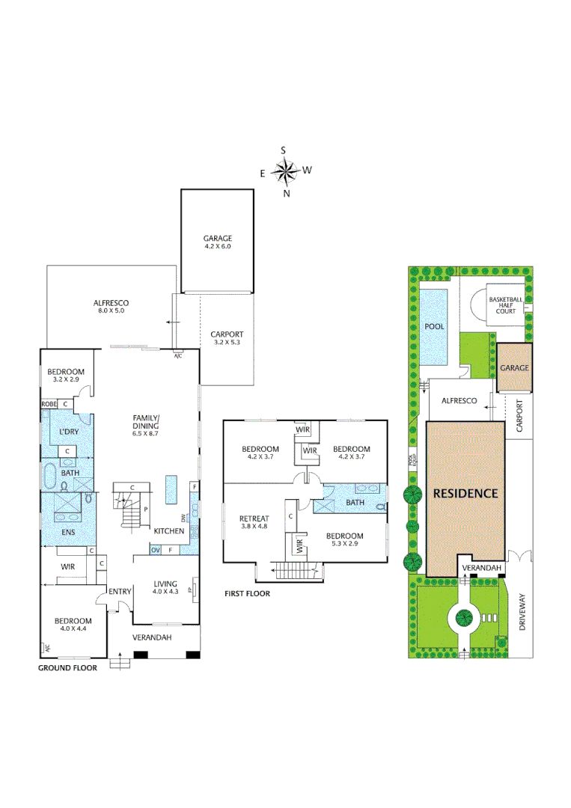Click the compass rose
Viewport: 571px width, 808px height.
coord(285,172)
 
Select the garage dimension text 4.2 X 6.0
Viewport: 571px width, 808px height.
coord(218,246)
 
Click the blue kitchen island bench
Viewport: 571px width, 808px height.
coord(171,489)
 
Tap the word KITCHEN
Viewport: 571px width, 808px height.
coord(169,531)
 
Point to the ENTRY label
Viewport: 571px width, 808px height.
coord(120,592)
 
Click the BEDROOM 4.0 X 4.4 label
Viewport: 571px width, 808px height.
coord(73,625)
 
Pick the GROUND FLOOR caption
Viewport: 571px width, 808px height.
coord(67,668)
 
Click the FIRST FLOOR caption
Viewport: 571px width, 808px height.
coord(247,593)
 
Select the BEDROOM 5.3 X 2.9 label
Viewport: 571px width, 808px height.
coord(344,540)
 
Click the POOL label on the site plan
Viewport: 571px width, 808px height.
coord(434,327)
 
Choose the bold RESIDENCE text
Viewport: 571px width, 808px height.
coord(465,494)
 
